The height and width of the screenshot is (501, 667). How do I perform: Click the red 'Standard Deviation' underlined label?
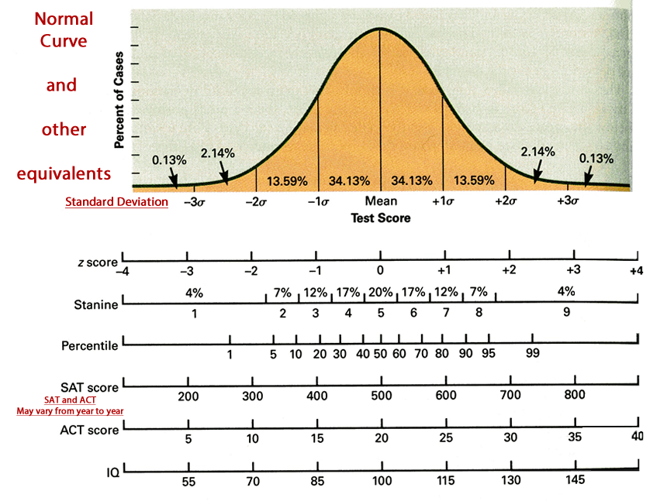[116, 201]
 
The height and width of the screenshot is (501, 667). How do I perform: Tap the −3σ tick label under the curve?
[195, 201]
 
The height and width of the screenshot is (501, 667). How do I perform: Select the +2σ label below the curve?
[506, 201]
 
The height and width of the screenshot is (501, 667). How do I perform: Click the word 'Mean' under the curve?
[381, 201]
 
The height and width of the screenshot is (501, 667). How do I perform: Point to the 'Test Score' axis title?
[381, 218]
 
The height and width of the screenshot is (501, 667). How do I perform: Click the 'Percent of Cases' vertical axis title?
[119, 100]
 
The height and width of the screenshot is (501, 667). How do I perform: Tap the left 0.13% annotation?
[169, 160]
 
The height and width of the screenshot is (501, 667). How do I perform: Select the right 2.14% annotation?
[538, 152]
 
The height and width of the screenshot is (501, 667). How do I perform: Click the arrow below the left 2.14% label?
[223, 173]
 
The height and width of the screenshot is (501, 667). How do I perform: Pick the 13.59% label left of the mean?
[287, 181]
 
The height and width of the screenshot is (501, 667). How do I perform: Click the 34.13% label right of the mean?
[412, 180]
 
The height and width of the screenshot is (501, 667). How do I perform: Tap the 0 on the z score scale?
[380, 270]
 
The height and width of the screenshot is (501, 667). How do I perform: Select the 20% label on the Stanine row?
[381, 292]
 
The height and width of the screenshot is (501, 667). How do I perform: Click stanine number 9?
[567, 312]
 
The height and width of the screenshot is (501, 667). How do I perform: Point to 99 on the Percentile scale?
[533, 353]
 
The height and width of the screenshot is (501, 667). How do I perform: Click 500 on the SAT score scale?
[382, 396]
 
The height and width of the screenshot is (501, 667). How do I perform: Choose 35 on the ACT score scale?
[575, 437]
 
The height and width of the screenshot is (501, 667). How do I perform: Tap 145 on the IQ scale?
[575, 480]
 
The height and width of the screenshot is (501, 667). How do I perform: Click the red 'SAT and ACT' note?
[70, 400]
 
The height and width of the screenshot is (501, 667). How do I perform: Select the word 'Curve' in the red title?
[64, 41]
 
